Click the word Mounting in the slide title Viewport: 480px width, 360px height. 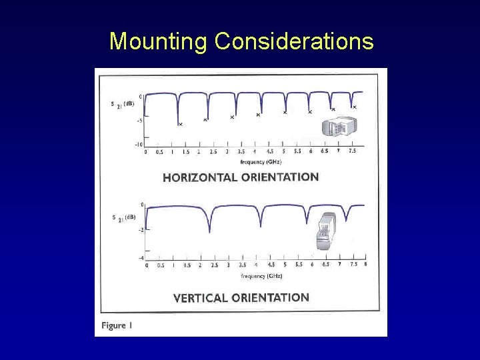(x=159, y=41)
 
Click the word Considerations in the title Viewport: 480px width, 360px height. (x=294, y=41)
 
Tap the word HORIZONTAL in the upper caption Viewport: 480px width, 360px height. (x=200, y=177)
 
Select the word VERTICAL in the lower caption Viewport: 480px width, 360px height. (x=200, y=298)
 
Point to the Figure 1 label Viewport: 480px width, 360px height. (x=117, y=325)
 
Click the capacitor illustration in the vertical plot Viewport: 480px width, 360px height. (x=327, y=231)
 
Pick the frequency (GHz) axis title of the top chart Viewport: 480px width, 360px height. (x=261, y=162)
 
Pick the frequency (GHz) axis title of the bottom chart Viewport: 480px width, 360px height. (x=261, y=276)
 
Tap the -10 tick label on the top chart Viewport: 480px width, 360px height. (x=139, y=144)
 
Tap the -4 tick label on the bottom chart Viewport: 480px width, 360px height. (x=141, y=258)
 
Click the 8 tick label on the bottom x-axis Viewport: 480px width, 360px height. (x=365, y=265)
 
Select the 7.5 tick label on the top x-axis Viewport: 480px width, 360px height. (x=351, y=151)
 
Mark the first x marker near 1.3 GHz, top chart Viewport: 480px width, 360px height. (x=180, y=124)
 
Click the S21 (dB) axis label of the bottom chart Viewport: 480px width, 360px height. (x=123, y=217)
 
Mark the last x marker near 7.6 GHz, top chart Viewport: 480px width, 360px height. (x=355, y=107)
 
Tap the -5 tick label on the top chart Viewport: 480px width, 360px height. (x=139, y=121)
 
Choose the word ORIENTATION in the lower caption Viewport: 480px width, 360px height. (x=270, y=297)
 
